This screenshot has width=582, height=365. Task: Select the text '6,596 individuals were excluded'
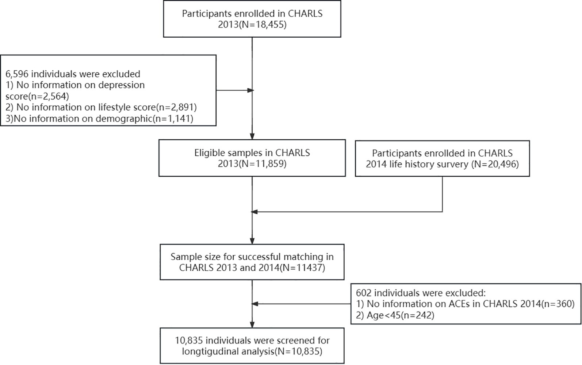[x=73, y=74]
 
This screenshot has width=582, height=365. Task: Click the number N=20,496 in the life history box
[x=495, y=164]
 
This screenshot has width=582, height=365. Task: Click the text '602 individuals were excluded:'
[x=421, y=293]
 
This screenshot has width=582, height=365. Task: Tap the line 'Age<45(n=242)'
[x=400, y=315]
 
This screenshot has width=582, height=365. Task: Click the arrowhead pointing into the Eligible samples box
[x=252, y=136]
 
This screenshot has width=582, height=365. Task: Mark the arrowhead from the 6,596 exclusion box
[x=250, y=90]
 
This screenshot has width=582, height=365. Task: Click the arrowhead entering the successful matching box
[x=252, y=241]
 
